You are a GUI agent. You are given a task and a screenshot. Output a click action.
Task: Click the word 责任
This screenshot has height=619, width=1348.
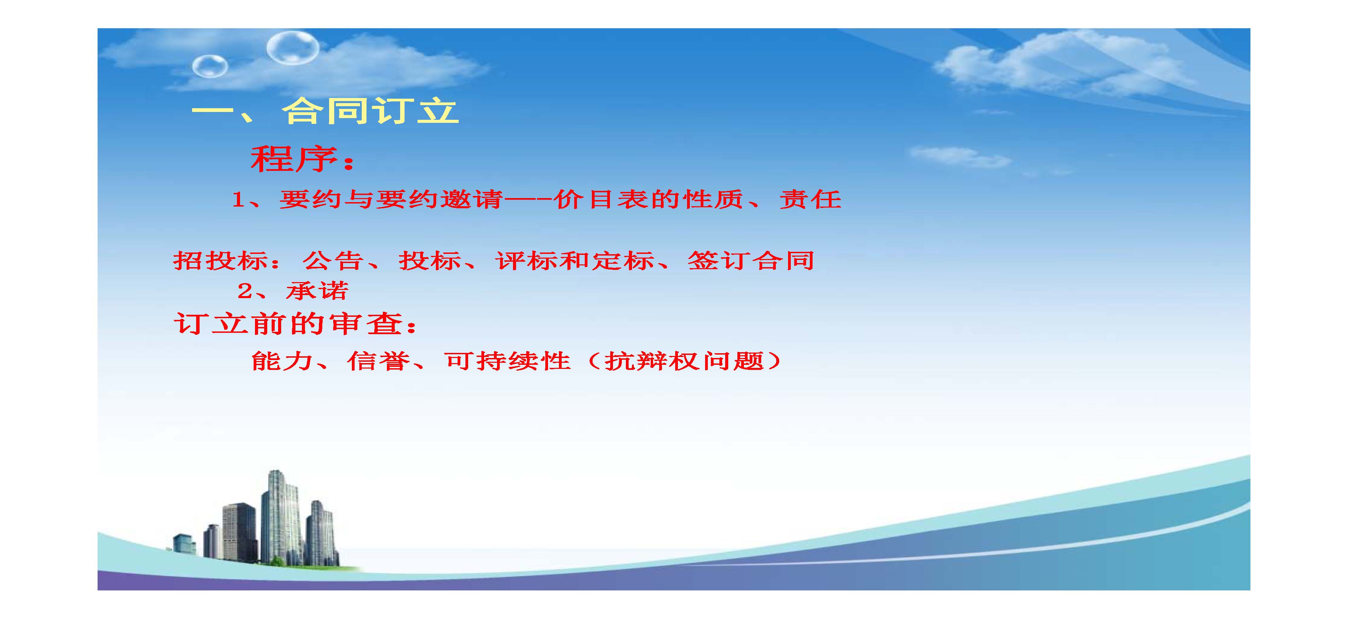[810, 199]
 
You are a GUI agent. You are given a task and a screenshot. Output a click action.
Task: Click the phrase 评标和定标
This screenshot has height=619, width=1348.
[575, 260]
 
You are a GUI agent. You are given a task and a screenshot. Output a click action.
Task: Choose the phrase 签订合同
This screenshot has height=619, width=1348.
[751, 260]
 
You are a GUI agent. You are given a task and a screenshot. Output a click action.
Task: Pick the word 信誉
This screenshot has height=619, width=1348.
[378, 361]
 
